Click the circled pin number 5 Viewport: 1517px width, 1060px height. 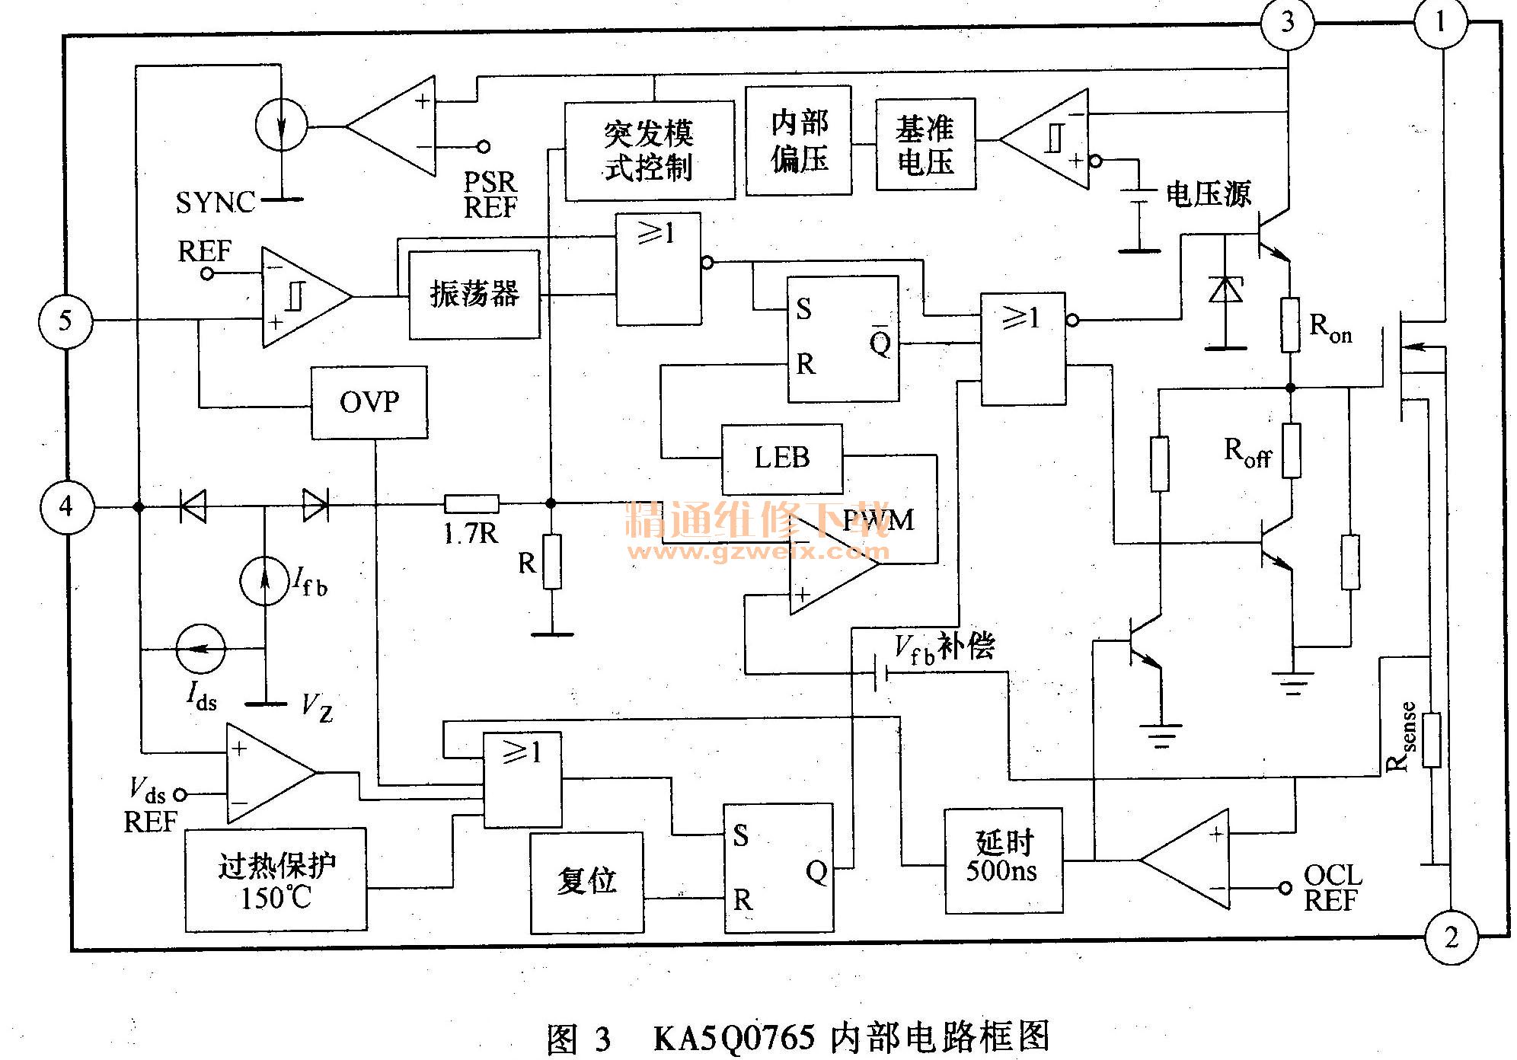click(65, 321)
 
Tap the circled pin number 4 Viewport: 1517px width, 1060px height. click(66, 506)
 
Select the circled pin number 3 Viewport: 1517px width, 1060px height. click(1287, 22)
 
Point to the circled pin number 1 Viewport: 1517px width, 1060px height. click(1440, 22)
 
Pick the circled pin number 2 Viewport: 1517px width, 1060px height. click(1451, 937)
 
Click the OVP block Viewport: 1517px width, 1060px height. click(369, 402)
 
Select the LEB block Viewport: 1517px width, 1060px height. click(782, 458)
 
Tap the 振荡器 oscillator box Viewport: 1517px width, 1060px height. click(474, 294)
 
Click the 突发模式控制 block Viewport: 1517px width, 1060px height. click(650, 151)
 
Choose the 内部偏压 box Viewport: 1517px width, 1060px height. click(798, 141)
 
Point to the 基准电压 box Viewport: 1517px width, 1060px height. click(925, 144)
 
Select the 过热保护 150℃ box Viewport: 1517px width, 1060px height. click(276, 880)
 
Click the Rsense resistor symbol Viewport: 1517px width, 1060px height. click(1432, 739)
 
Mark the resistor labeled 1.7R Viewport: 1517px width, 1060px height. click(471, 503)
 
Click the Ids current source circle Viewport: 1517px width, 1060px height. click(200, 649)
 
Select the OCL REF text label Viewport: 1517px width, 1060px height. click(1332, 888)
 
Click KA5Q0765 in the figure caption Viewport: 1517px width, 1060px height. click(734, 1038)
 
